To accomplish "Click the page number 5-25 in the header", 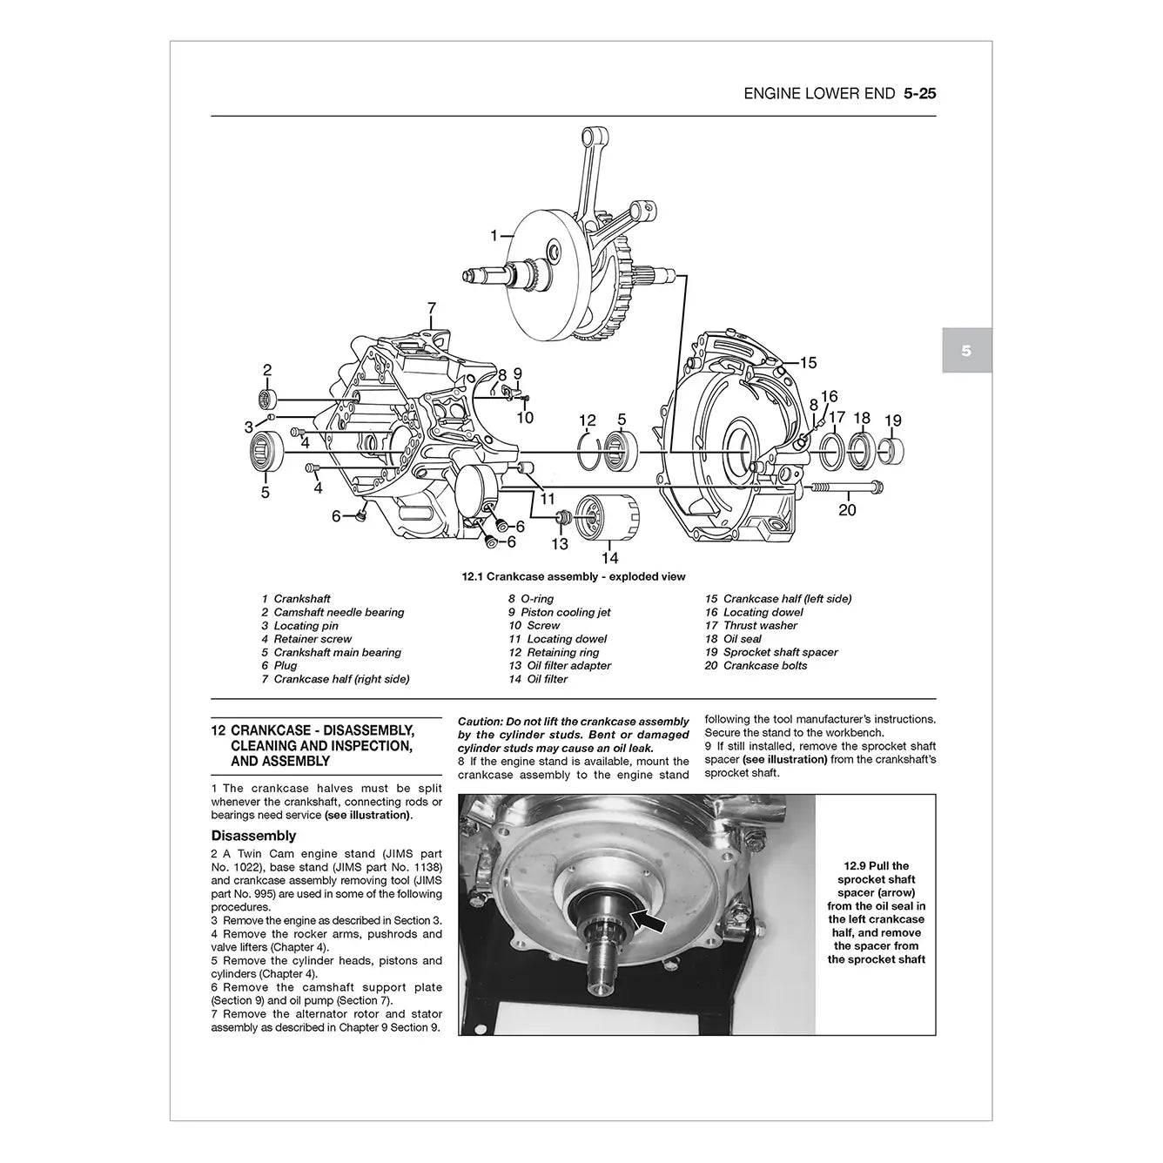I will tap(919, 93).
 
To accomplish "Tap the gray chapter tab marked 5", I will tap(966, 352).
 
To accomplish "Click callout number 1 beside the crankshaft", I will tap(494, 236).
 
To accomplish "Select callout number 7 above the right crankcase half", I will tap(431, 308).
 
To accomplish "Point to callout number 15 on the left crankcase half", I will tap(808, 363).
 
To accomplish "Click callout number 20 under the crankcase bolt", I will tap(847, 510).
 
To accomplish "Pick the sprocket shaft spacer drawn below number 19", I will tap(891, 451).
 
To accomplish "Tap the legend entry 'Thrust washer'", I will tap(760, 625).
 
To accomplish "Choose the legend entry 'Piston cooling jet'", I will tap(565, 612).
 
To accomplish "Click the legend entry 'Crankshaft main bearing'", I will tap(337, 652).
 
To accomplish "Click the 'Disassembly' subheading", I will tap(253, 836).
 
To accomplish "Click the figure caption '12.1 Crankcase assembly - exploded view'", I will tap(573, 576).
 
